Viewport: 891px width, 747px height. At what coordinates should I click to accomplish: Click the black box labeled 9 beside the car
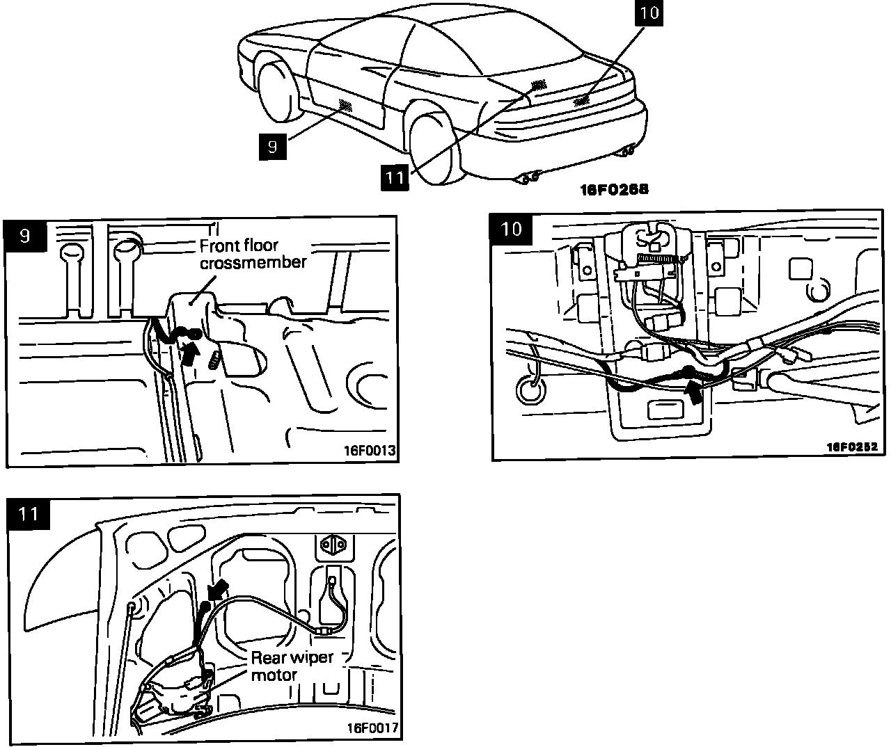coord(272,146)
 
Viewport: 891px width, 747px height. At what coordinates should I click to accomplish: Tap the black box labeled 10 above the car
coord(648,14)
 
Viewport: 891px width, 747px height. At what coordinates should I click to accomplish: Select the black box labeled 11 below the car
coord(395,177)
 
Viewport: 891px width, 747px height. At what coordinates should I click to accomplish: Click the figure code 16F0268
coord(615,188)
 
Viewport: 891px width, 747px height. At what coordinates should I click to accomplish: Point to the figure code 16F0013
coord(369,451)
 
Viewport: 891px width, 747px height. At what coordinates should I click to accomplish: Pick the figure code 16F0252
coord(853,447)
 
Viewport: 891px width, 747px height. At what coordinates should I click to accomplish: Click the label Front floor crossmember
coord(252,254)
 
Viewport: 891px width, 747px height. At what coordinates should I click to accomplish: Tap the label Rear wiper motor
coord(292,666)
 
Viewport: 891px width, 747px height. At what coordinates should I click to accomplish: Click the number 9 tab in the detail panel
coord(26,236)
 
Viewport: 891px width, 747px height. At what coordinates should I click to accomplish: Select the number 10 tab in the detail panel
coord(512,229)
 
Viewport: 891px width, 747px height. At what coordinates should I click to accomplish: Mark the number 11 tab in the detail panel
coord(29,514)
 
